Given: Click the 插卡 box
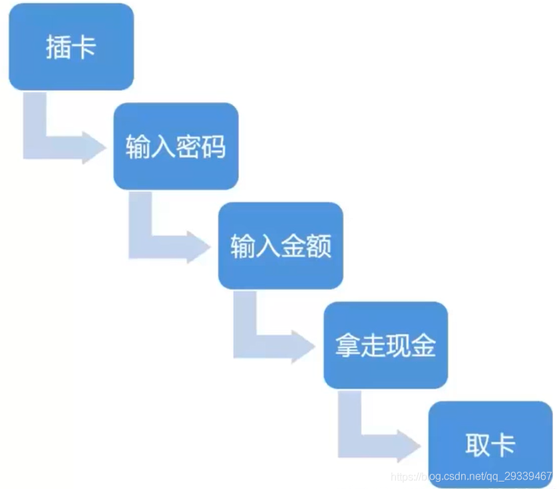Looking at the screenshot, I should pyautogui.click(x=71, y=47).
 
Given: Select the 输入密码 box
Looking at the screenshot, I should pyautogui.click(x=176, y=146).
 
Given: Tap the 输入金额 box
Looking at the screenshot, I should pyautogui.click(x=281, y=246).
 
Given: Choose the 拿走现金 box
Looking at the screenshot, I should pyautogui.click(x=385, y=345).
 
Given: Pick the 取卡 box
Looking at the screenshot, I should pyautogui.click(x=490, y=444).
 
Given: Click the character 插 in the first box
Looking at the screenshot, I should pyautogui.click(x=58, y=47).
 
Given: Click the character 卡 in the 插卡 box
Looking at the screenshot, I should pyautogui.click(x=85, y=47).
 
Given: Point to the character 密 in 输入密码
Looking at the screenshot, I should pyautogui.click(x=188, y=147).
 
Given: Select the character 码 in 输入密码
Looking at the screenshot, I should pyautogui.click(x=214, y=147).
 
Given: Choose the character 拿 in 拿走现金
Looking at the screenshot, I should pyautogui.click(x=347, y=346).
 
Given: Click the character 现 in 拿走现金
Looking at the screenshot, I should pyautogui.click(x=398, y=346).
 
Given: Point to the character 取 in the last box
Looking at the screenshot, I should pyautogui.click(x=477, y=445).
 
